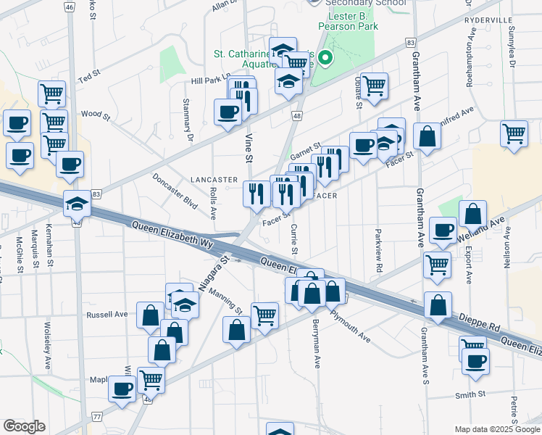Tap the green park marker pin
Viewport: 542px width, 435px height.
point(325,57)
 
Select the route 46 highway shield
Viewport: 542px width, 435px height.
point(69,7)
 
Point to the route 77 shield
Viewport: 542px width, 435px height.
point(97,416)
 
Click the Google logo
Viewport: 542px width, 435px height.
point(23,426)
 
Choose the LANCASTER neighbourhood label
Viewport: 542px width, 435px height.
point(214,179)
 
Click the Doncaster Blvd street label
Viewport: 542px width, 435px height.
point(175,191)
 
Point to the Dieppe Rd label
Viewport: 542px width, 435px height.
point(480,323)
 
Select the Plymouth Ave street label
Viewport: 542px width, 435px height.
point(350,326)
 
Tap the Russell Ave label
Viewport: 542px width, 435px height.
point(107,315)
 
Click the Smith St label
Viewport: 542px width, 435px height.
point(470,394)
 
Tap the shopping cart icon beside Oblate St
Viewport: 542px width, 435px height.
point(374,85)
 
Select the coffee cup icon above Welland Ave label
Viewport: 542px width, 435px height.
point(443,230)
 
